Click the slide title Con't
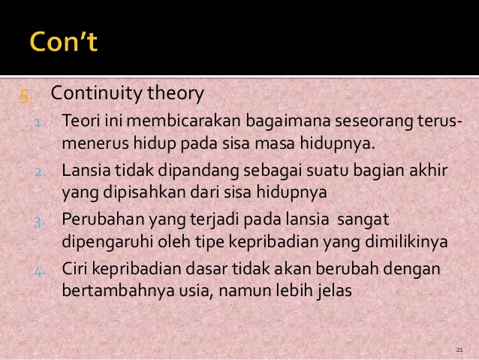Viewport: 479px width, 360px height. tap(64, 41)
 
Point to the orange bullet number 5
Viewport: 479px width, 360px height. tap(26, 95)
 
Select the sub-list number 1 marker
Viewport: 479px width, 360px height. tap(41, 121)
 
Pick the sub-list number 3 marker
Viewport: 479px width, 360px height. tap(41, 222)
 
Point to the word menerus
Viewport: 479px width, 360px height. tap(91, 143)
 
